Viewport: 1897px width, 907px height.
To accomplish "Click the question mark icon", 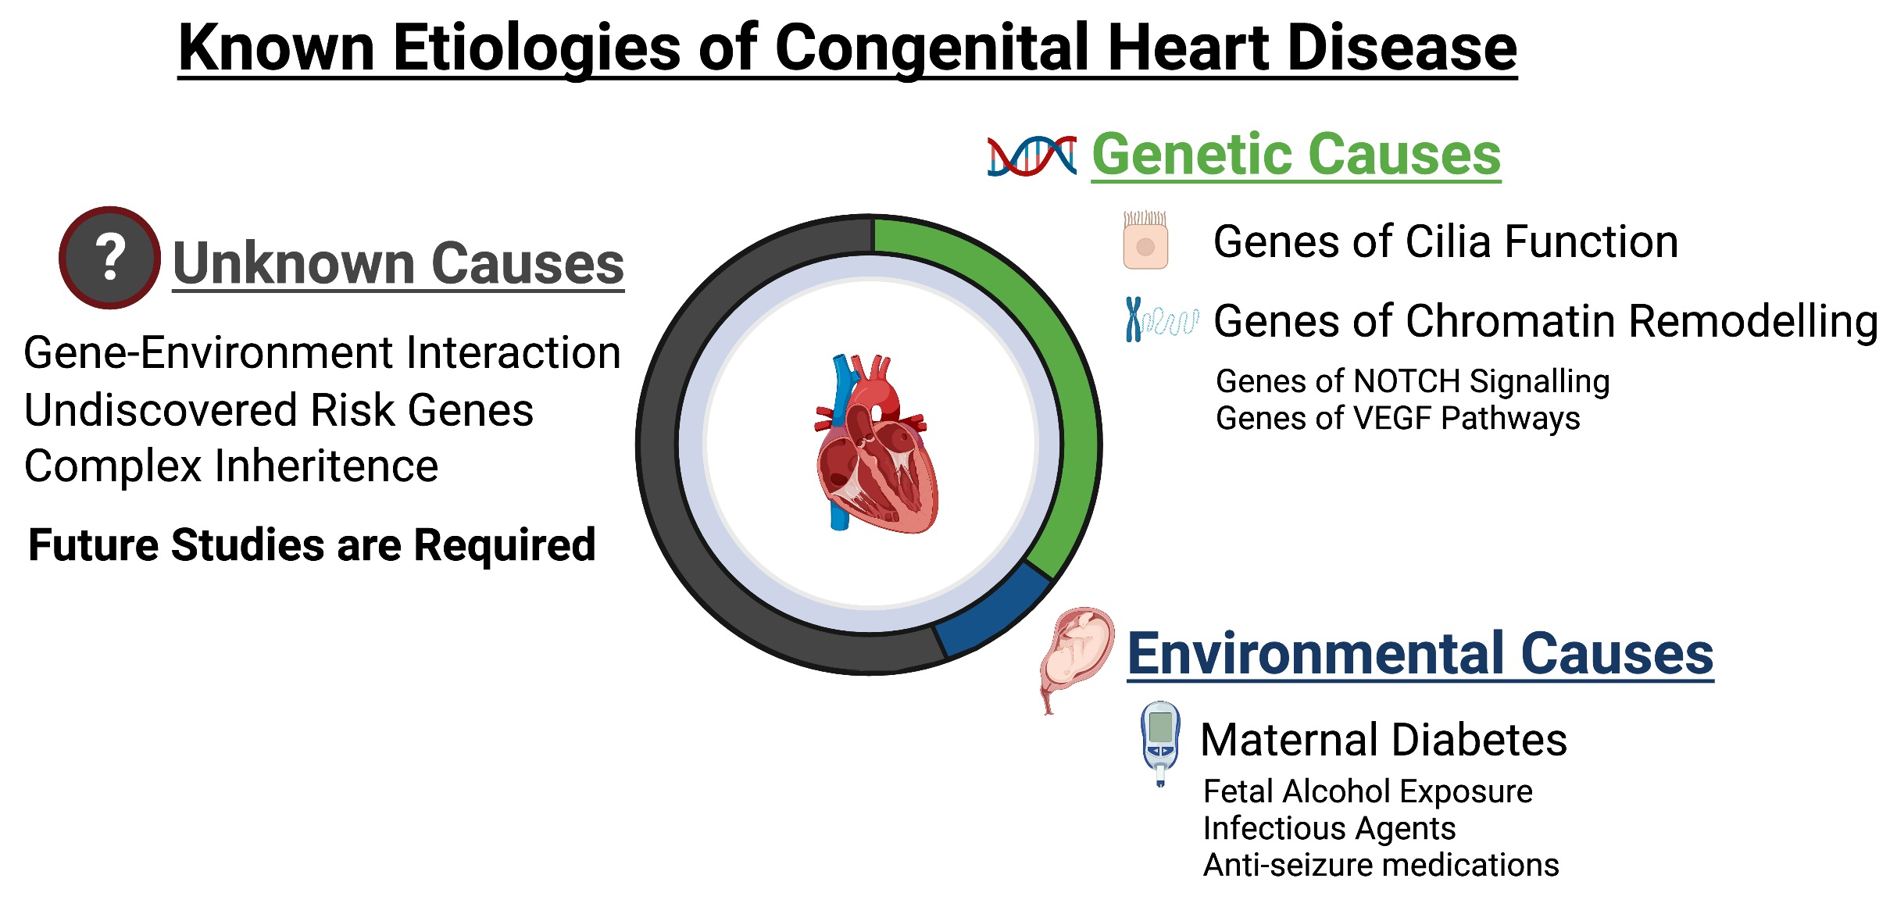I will pos(110,258).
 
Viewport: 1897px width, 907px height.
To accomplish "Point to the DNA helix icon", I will pos(1031,156).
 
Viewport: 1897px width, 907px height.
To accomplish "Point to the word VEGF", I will pos(1398,419).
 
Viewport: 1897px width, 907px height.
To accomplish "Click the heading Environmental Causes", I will pos(1420,654).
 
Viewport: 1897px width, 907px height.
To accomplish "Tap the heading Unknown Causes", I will pos(398,264).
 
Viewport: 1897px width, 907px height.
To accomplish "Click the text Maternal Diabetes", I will pos(1383,740).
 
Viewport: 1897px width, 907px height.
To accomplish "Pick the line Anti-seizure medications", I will pos(1381,866).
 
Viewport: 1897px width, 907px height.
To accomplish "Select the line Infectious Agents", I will pos(1328,828).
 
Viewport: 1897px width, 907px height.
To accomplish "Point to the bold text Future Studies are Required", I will pos(311,545).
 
